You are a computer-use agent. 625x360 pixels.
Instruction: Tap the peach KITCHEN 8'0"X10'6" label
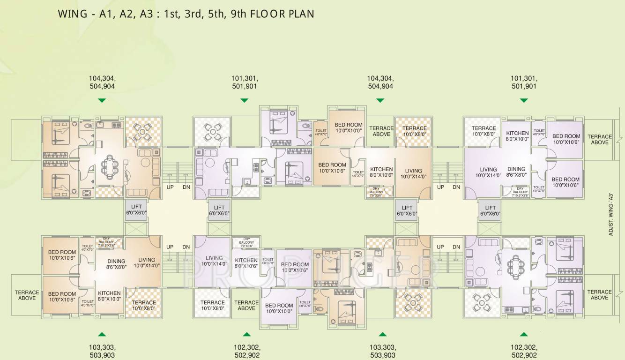click(381, 172)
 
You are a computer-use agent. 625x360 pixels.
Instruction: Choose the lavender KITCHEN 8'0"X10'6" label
click(246, 263)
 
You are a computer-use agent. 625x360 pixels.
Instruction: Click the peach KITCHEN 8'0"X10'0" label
click(109, 296)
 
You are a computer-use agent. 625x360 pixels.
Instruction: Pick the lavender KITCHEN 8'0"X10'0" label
click(517, 136)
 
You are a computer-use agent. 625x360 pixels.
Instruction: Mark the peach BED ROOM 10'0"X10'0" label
click(348, 127)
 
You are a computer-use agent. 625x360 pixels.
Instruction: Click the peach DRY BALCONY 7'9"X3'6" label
click(376, 191)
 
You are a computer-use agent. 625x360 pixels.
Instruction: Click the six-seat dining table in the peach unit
click(111, 166)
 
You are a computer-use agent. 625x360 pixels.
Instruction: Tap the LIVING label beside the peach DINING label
click(147, 262)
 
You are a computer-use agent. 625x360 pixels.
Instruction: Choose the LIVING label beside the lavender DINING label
click(488, 172)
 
